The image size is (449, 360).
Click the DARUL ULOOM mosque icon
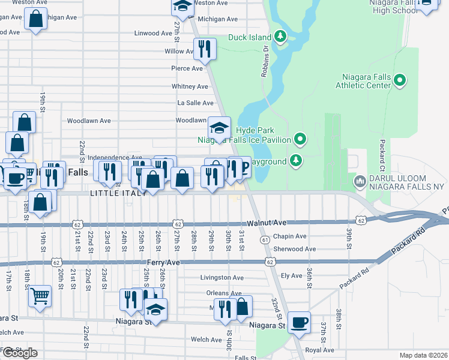point(360,181)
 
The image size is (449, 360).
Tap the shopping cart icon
point(40,295)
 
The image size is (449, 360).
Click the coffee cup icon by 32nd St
point(299,322)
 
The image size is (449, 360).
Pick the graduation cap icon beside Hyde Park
point(219,127)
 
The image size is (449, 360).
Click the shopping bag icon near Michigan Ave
point(36,19)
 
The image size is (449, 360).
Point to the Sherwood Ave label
point(294,249)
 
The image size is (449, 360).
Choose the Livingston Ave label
point(221,278)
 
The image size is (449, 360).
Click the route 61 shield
point(264,240)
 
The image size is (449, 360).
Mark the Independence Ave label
point(115,157)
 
